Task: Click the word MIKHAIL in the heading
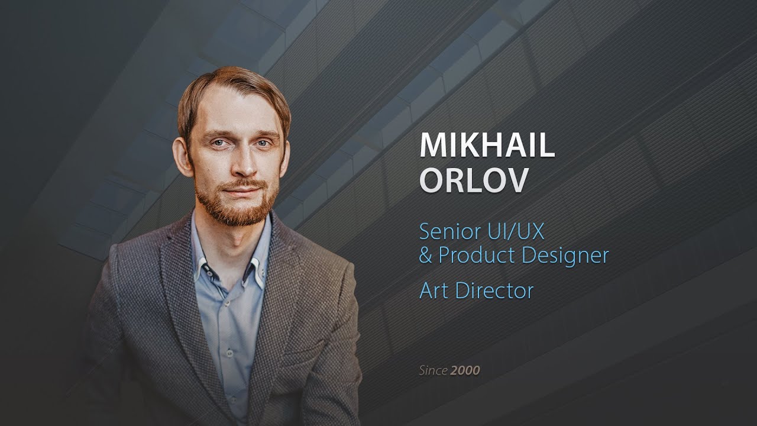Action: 487,146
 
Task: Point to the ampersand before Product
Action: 426,256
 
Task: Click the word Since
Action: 433,371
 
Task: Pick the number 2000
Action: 465,371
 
